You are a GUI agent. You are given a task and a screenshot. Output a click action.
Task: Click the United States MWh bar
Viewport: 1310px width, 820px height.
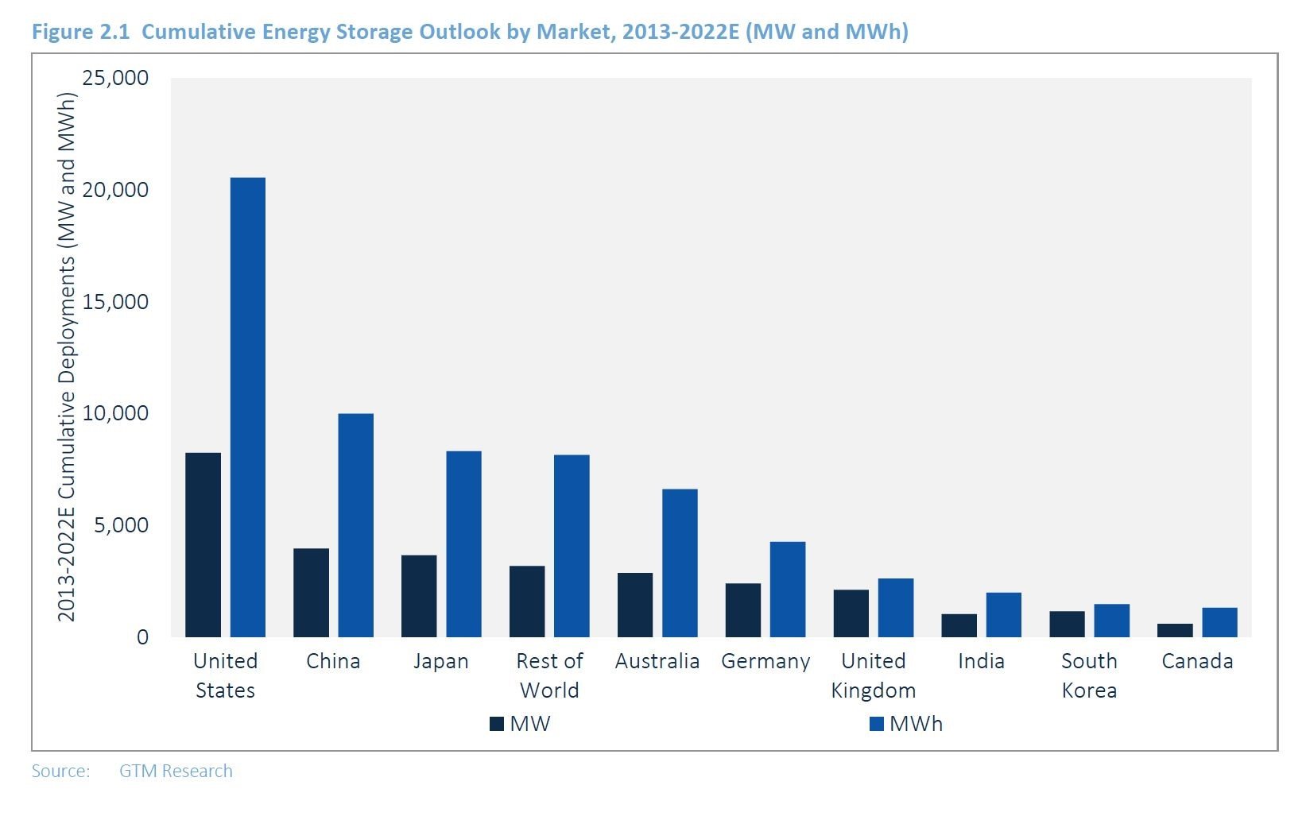(247, 407)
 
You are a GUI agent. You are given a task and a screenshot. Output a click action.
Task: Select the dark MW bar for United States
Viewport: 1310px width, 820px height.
(203, 545)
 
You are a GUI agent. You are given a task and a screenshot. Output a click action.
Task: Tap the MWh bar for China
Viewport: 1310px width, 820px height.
(355, 525)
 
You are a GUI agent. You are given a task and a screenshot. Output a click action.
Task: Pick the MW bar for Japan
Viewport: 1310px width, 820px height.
(419, 596)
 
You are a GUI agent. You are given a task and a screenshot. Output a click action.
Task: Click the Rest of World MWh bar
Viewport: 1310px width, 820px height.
(572, 546)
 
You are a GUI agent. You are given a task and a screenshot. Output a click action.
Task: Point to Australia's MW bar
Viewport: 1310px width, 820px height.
(635, 605)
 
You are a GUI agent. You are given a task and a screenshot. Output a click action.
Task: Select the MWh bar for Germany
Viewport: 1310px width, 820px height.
(787, 590)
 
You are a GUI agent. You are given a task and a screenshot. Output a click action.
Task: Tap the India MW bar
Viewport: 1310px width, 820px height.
(959, 625)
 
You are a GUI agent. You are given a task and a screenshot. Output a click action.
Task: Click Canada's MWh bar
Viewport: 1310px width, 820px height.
(1219, 622)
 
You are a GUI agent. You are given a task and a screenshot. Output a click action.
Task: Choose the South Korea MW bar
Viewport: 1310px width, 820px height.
(1067, 624)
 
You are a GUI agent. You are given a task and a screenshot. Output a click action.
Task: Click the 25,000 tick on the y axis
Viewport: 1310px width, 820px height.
(115, 78)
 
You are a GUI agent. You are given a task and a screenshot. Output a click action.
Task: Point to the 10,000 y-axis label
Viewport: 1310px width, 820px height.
(115, 413)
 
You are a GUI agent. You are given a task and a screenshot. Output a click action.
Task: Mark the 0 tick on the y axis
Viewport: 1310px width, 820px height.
(142, 637)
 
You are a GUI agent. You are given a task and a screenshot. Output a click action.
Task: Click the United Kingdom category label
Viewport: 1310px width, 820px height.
(873, 675)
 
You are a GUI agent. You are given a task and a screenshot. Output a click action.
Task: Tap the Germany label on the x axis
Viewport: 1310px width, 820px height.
(765, 661)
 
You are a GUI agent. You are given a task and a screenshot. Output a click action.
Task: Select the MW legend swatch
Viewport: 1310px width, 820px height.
(497, 724)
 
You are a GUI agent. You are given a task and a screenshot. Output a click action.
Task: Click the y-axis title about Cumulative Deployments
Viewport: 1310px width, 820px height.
(67, 358)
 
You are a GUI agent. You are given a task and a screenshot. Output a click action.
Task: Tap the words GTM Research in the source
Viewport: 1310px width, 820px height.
(176, 771)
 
